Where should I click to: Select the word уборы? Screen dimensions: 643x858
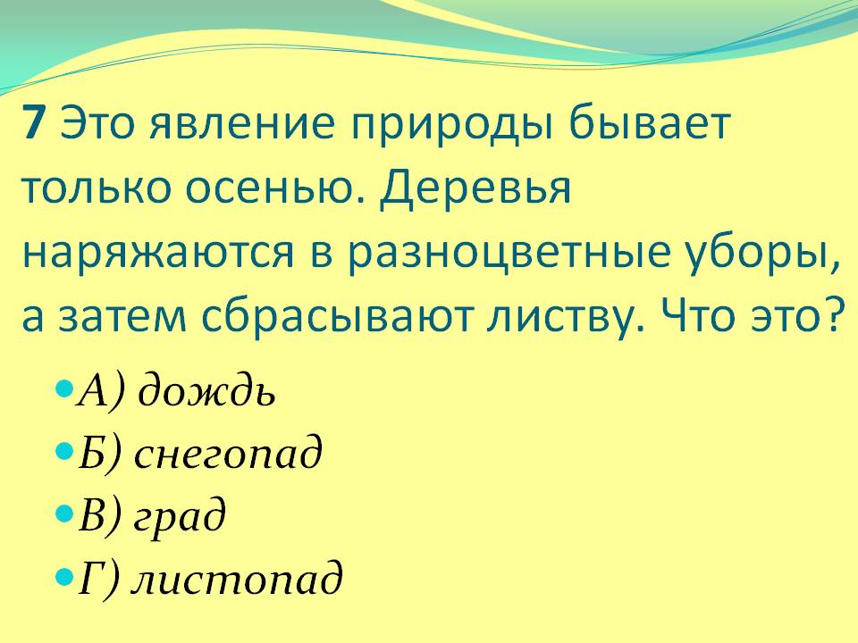[782, 255]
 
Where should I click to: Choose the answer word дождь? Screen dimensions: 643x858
[207, 392]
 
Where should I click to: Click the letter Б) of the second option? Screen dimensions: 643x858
[98, 455]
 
